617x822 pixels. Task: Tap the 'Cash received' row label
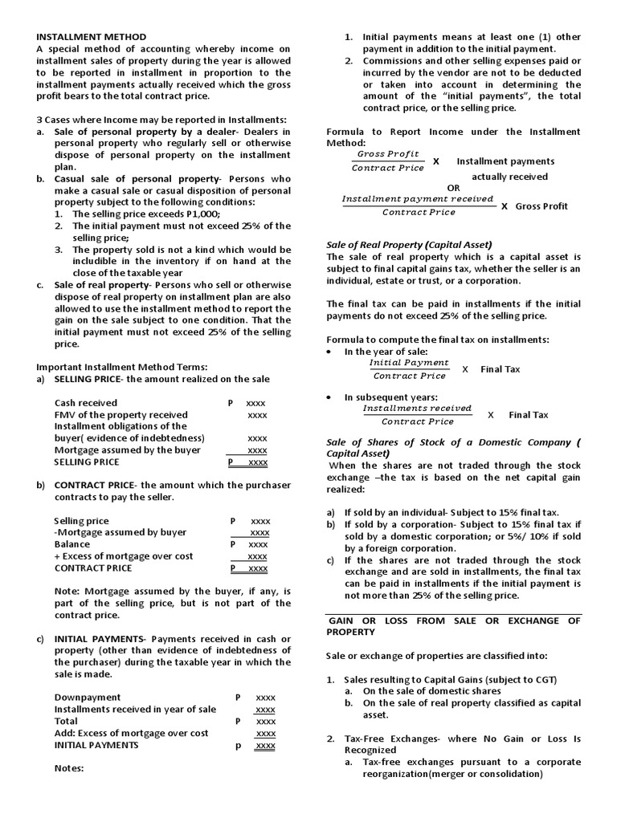click(x=86, y=403)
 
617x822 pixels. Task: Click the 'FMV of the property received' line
click(x=121, y=415)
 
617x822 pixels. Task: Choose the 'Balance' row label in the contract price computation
click(x=72, y=544)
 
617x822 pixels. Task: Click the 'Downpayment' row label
click(x=88, y=698)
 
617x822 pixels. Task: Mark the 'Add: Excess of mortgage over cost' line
click(x=131, y=733)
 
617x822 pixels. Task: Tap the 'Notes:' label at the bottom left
click(x=69, y=768)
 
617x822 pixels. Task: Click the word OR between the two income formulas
click(x=454, y=188)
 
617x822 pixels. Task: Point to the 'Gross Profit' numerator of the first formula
click(x=388, y=153)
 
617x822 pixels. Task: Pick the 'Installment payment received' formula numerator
click(x=418, y=198)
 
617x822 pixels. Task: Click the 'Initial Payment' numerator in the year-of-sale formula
click(x=409, y=363)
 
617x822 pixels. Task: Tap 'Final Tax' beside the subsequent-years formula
click(x=529, y=415)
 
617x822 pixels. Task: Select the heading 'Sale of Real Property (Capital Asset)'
click(x=408, y=245)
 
